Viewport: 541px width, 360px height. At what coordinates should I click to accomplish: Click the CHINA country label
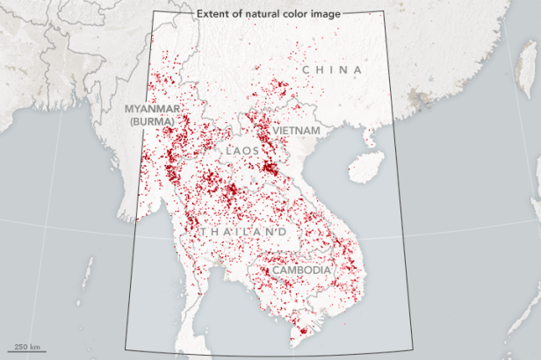coord(331,69)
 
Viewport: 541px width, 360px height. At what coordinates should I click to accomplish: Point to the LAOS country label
coord(242,151)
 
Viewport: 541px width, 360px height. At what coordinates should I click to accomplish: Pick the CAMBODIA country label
coord(301,270)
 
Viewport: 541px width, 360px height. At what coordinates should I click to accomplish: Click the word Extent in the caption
coord(213,13)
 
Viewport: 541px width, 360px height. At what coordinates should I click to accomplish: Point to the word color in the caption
coord(302,13)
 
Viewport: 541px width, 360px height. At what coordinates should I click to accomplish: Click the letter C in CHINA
coord(306,69)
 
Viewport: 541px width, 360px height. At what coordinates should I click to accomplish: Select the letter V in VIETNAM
coord(275,129)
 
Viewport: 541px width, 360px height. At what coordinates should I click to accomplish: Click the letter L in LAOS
coord(227,151)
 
